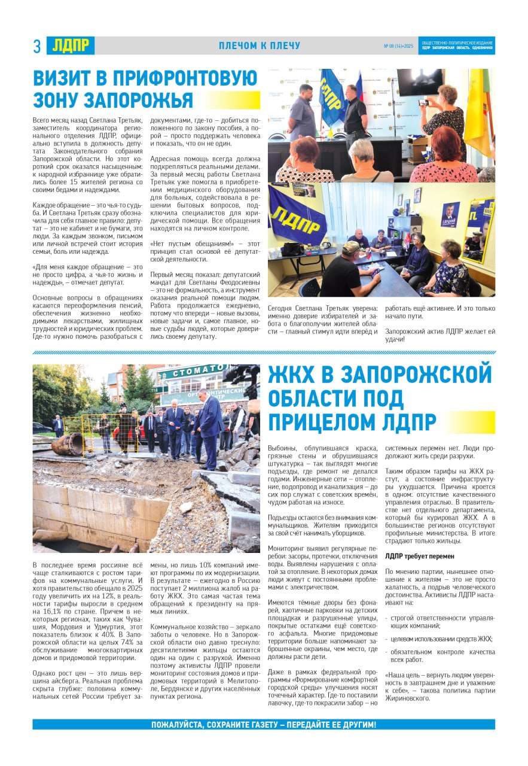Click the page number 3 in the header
[37, 46]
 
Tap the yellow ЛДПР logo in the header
[71, 45]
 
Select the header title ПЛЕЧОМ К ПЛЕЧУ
[260, 46]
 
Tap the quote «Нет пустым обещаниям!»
[190, 243]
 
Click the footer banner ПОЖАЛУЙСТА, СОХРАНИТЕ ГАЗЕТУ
[263, 725]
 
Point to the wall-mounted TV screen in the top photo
[420, 81]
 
